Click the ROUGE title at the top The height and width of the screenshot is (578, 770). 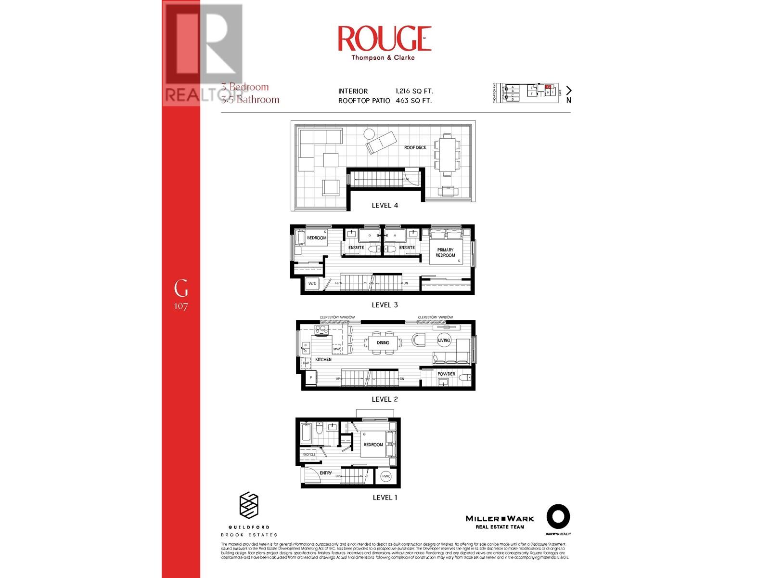click(384, 39)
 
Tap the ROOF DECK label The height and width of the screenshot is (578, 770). click(415, 147)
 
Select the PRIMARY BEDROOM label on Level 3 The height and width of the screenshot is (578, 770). click(445, 252)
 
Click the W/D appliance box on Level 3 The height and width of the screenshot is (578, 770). click(312, 284)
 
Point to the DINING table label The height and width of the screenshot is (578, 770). click(383, 342)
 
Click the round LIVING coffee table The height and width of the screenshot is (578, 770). click(444, 340)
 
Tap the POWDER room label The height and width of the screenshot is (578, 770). click(446, 374)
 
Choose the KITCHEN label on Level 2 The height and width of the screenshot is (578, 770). click(323, 359)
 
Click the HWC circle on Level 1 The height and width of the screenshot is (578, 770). click(386, 476)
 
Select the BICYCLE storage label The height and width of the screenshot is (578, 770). click(309, 454)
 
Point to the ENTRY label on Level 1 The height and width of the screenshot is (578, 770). click(326, 473)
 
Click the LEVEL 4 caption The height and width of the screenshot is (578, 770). click(385, 205)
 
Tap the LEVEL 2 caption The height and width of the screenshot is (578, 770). click(385, 399)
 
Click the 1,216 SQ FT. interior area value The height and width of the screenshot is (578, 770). click(414, 91)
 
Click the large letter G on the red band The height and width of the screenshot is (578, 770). click(181, 289)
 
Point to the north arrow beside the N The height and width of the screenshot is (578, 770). click(569, 90)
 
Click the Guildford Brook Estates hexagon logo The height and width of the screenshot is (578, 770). click(249, 505)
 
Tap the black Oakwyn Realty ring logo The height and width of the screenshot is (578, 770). click(558, 517)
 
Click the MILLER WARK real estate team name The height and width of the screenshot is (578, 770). click(500, 519)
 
